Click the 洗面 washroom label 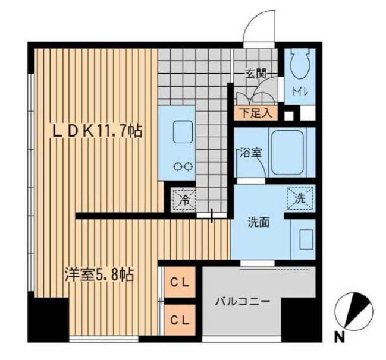point(259,223)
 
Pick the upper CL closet point(180,282)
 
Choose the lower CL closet point(180,320)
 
